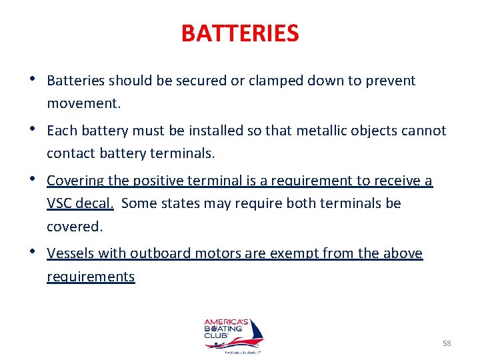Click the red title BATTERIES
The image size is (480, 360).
240,33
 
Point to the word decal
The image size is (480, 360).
96,203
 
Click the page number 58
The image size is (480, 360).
447,343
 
